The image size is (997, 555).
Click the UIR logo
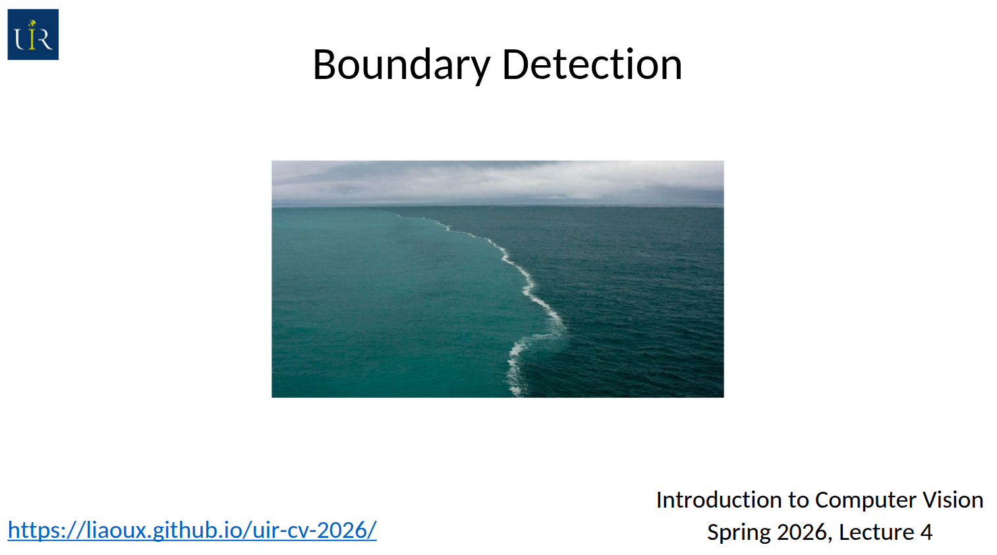pyautogui.click(x=33, y=34)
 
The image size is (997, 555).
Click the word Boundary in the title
pyautogui.click(x=401, y=65)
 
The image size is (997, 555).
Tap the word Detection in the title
pyautogui.click(x=592, y=65)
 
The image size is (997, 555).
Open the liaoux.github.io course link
pyautogui.click(x=192, y=530)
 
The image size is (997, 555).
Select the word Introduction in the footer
pyautogui.click(x=719, y=500)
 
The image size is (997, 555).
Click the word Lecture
pyautogui.click(x=876, y=532)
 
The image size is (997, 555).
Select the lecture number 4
pyautogui.click(x=926, y=532)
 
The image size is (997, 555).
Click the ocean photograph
pyautogui.click(x=498, y=279)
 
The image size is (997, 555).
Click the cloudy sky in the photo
pyautogui.click(x=498, y=182)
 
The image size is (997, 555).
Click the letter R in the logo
pyautogui.click(x=43, y=39)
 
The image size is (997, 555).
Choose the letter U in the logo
pyautogui.click(x=20, y=39)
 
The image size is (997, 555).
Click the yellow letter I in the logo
pyautogui.click(x=32, y=35)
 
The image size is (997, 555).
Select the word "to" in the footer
pyautogui.click(x=799, y=500)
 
